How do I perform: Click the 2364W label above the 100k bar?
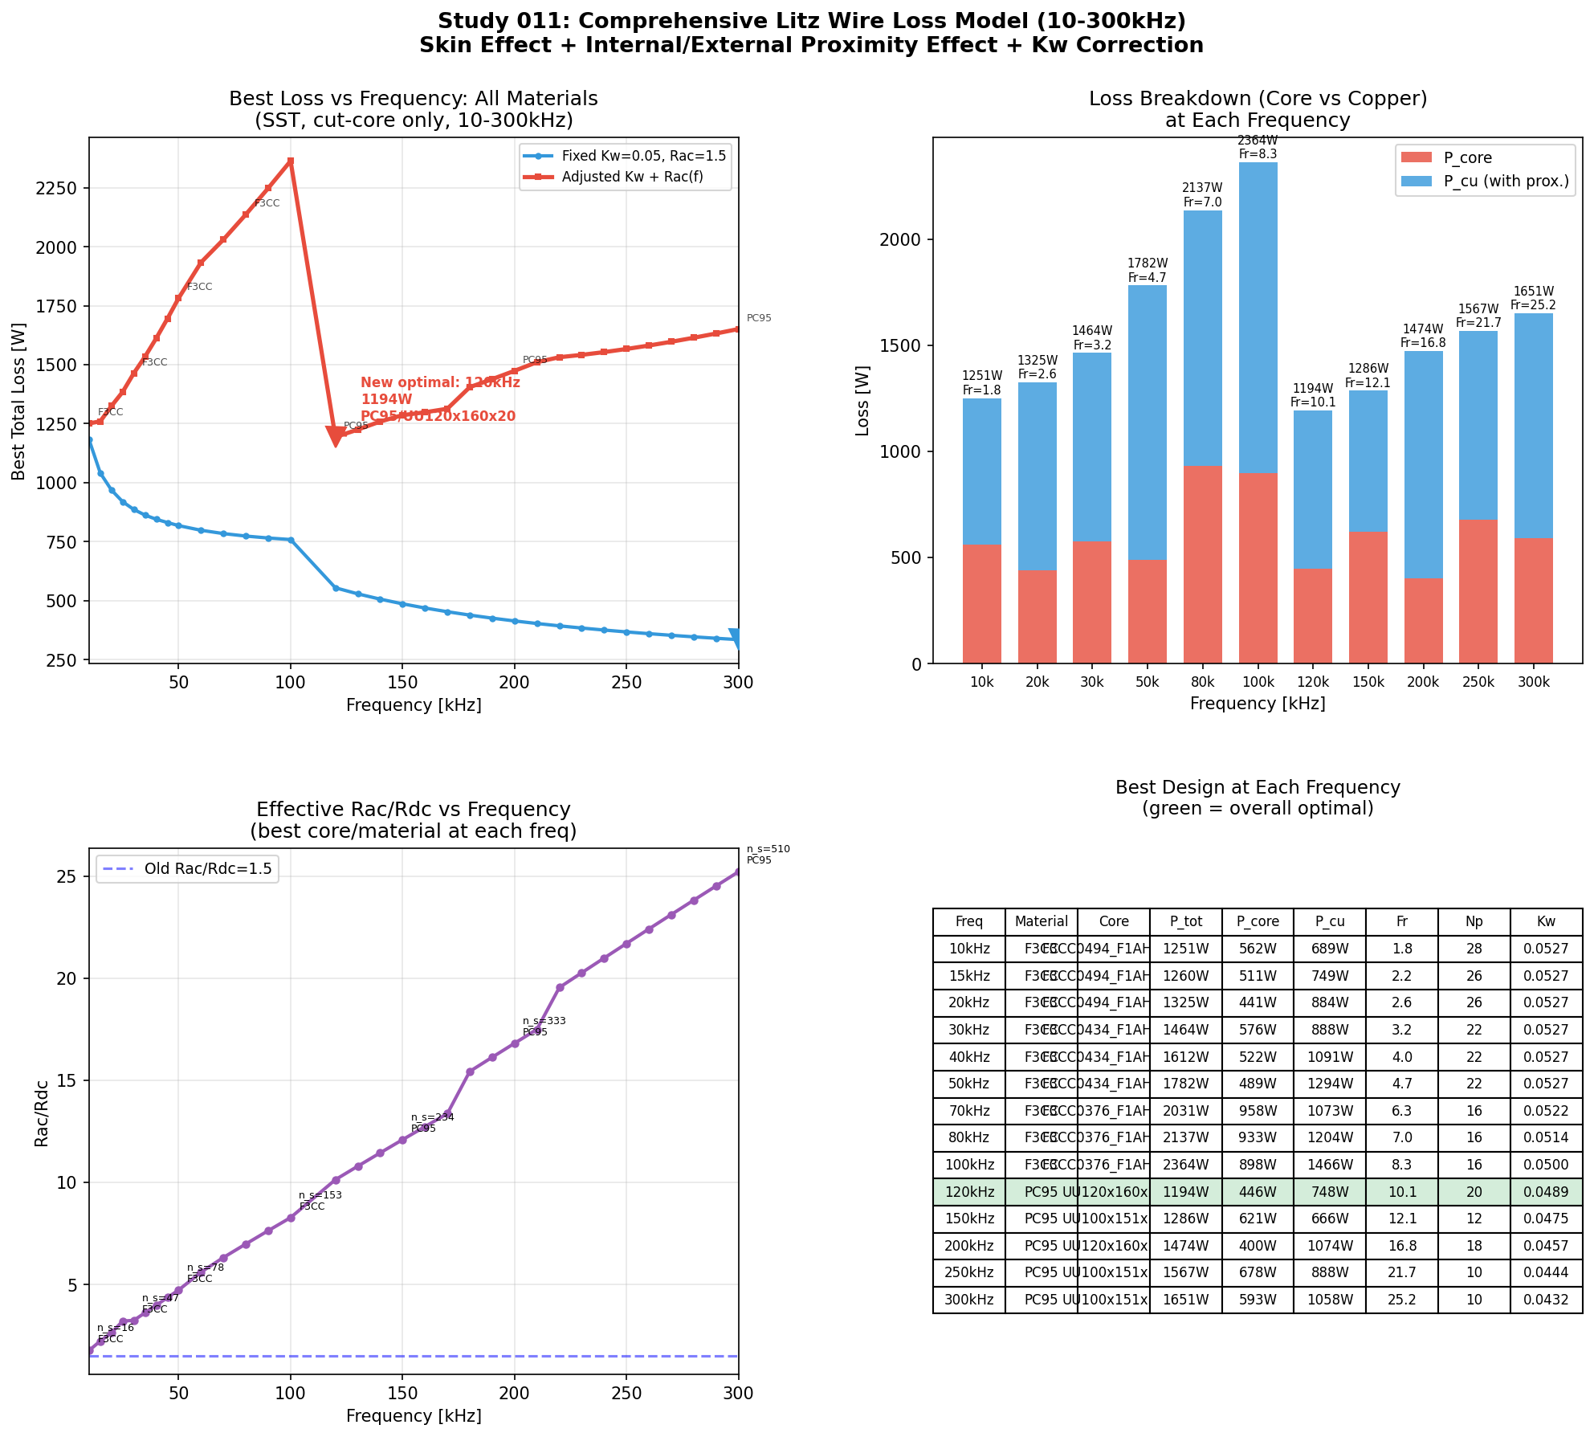[x=1258, y=141]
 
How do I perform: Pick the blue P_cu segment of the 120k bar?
[x=1313, y=489]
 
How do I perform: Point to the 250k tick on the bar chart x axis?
[x=1478, y=682]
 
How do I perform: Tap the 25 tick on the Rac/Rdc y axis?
[x=66, y=876]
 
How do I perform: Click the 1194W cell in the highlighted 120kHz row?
[x=1185, y=1192]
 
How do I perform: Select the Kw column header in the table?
[x=1546, y=921]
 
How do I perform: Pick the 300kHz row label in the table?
[x=968, y=1300]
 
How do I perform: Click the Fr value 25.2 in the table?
[x=1401, y=1300]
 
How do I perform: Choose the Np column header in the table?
[x=1474, y=921]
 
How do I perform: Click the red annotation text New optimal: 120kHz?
[x=440, y=382]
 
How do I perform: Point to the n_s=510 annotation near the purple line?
[x=768, y=849]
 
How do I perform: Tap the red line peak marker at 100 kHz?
[x=291, y=161]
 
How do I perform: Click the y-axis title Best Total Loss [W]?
[x=18, y=401]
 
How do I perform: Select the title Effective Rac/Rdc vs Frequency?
[x=414, y=809]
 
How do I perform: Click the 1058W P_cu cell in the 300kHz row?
[x=1330, y=1300]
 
